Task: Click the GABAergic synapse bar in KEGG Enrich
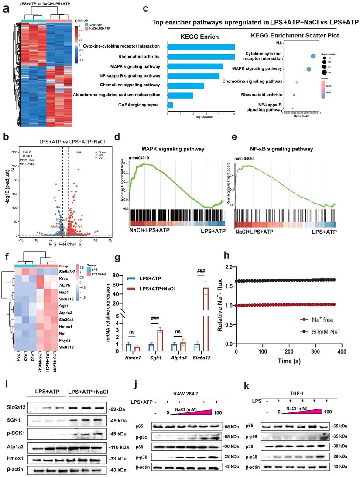(x=170, y=105)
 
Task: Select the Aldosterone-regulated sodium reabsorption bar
(x=180, y=95)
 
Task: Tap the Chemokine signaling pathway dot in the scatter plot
(x=297, y=82)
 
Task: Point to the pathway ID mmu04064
(x=246, y=155)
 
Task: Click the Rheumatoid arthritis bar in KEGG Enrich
(x=201, y=57)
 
